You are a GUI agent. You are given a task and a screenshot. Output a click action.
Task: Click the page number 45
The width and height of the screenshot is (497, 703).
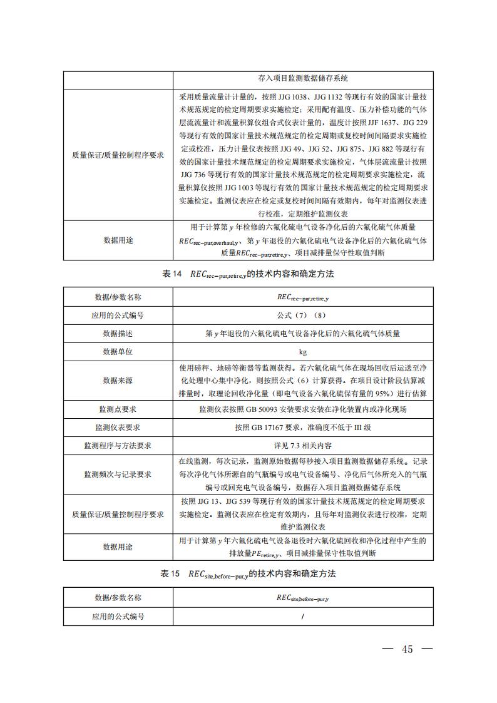[x=407, y=649]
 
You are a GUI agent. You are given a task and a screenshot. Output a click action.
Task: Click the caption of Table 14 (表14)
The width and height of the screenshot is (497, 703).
[x=248, y=274]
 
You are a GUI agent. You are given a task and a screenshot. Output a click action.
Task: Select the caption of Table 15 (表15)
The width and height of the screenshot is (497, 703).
[x=248, y=573]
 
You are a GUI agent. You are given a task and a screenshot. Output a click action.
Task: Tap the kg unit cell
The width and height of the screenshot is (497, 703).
[x=303, y=352]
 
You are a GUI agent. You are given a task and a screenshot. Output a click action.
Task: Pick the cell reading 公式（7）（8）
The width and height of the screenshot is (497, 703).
[x=303, y=316]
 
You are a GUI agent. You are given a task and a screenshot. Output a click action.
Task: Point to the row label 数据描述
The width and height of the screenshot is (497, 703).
[x=118, y=334]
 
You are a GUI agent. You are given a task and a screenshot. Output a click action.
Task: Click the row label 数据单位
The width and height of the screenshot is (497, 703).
[x=118, y=352]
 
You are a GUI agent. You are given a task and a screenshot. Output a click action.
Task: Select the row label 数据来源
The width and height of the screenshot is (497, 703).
[x=118, y=381]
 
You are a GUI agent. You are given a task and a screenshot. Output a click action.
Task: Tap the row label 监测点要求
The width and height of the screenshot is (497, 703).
[x=118, y=409]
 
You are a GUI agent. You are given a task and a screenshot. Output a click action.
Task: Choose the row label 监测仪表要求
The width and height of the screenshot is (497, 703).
[x=118, y=427]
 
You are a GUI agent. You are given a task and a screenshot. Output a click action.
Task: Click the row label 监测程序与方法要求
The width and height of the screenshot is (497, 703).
[x=118, y=446]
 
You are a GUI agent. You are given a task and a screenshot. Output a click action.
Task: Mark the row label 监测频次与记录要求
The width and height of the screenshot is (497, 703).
[x=118, y=475]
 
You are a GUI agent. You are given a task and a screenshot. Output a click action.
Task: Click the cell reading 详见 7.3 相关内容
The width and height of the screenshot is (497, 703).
[x=303, y=446]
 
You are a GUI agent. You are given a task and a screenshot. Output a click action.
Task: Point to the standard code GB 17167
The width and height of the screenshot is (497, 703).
[x=266, y=428]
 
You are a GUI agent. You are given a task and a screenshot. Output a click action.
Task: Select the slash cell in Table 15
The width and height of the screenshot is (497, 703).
[x=303, y=617]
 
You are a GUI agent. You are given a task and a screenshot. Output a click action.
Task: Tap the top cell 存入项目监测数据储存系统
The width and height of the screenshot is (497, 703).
[x=303, y=79]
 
